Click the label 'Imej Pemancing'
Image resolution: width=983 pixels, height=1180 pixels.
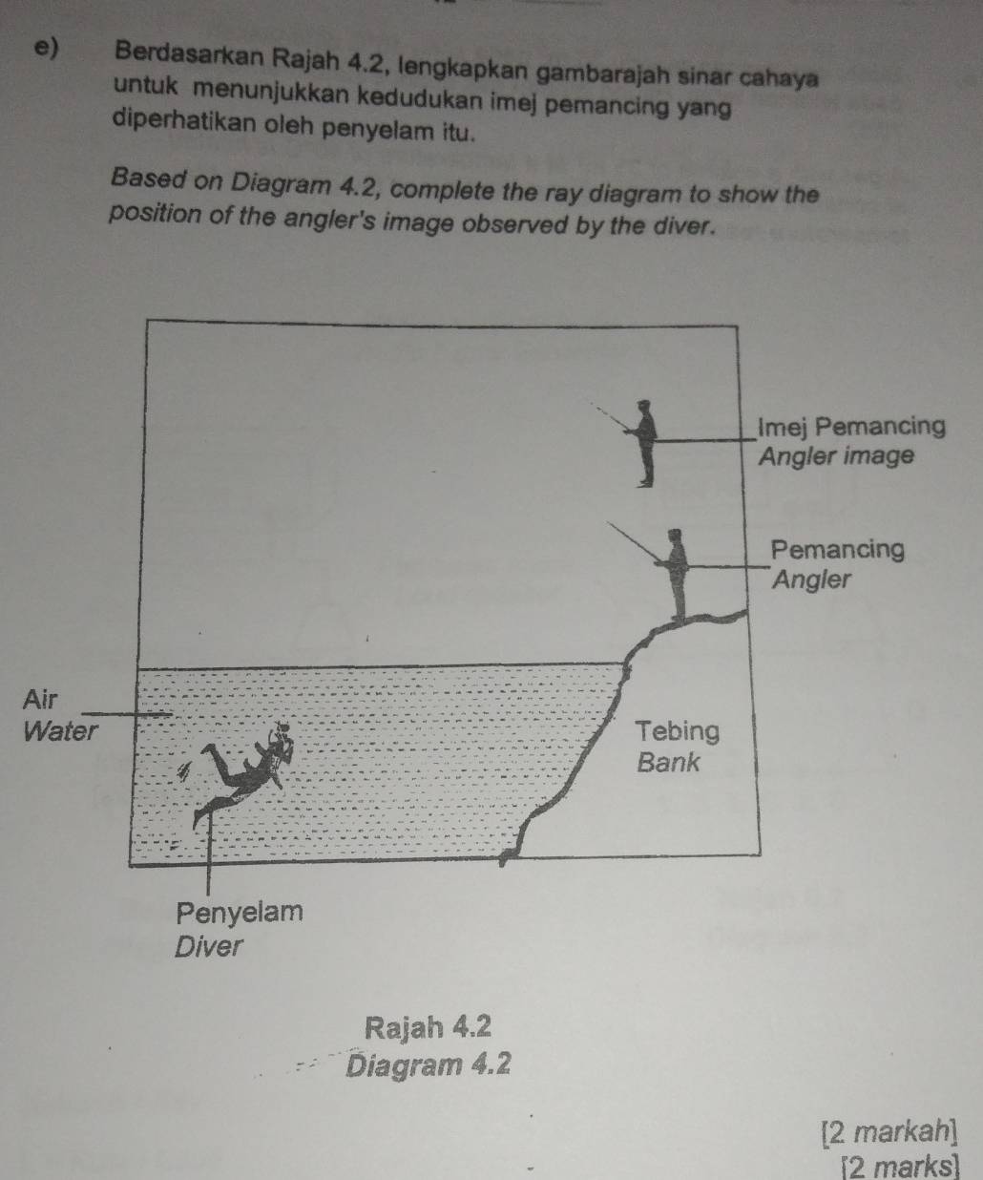850,427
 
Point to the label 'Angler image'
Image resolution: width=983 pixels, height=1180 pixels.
836,456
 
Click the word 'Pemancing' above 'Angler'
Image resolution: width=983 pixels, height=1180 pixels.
837,549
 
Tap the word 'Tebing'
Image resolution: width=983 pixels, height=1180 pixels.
678,731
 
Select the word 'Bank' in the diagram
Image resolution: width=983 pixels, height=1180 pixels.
668,762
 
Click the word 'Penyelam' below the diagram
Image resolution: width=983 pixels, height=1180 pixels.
240,912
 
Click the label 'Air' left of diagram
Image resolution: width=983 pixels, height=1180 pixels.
40,698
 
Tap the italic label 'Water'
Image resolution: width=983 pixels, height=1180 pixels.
59,732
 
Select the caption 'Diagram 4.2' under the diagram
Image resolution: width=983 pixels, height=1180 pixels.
429,1063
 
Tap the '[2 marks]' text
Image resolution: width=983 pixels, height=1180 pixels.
899,1166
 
